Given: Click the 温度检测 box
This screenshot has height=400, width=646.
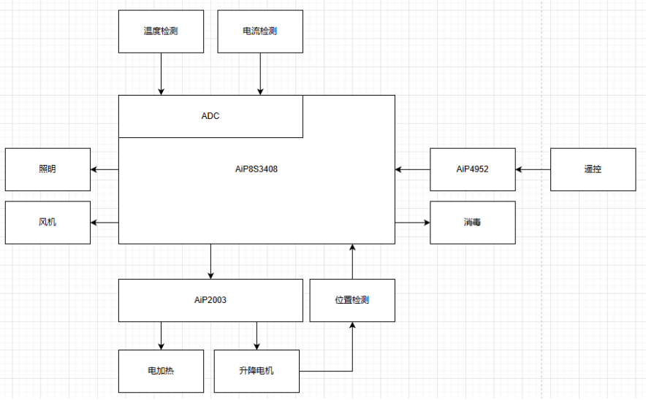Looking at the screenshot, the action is click(161, 31).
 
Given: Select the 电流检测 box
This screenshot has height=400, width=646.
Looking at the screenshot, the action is click(260, 31).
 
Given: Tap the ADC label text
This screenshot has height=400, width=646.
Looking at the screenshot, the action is click(210, 116).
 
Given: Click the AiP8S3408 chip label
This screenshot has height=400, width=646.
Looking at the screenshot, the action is click(256, 169).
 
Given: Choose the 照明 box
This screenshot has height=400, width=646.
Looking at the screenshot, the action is click(47, 169).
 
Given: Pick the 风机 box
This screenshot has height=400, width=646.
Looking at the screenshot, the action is click(47, 223).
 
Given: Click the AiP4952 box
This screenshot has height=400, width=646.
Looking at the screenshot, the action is click(473, 169).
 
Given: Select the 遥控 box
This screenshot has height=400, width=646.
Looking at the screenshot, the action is click(593, 169).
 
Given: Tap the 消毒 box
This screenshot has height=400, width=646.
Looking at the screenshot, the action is click(473, 223).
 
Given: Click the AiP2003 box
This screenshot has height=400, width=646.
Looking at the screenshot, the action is click(210, 301).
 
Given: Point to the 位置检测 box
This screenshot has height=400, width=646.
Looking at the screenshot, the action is click(352, 301).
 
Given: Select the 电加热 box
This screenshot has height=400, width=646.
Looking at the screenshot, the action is click(161, 372).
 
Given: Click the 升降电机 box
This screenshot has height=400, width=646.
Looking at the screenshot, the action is click(256, 372).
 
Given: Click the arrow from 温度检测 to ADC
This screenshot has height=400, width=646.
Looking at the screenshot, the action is click(161, 74).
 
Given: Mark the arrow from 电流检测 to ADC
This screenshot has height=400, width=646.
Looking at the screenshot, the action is click(260, 74).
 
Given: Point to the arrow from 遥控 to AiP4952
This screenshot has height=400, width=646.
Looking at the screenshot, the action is click(533, 169).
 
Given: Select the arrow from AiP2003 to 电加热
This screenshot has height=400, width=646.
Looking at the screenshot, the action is click(161, 336).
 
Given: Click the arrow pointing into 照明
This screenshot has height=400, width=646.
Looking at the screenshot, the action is click(104, 169).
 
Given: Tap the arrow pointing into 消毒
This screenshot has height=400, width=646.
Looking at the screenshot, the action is click(412, 223).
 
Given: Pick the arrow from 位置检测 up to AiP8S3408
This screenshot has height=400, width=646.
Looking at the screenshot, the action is click(352, 262).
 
